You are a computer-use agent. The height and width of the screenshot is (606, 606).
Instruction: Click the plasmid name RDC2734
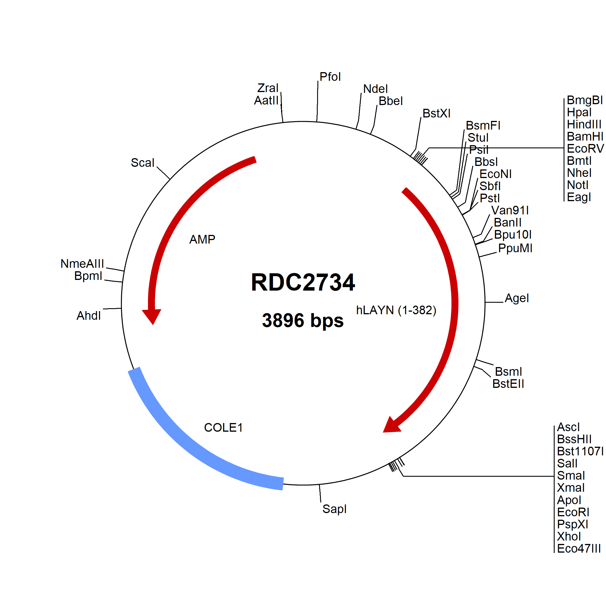[303, 282]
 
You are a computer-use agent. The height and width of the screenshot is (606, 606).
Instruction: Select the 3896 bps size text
[303, 320]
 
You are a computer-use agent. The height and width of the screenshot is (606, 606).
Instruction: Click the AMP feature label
[202, 240]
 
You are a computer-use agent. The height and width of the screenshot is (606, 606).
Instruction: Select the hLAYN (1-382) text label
[396, 310]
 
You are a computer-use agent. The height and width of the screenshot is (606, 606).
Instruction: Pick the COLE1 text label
[223, 428]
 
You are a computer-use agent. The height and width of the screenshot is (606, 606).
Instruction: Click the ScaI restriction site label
[143, 163]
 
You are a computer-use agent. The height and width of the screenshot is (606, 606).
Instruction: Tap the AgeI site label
[517, 298]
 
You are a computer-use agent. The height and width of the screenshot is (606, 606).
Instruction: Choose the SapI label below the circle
[334, 509]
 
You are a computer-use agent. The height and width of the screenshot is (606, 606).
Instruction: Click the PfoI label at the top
[330, 77]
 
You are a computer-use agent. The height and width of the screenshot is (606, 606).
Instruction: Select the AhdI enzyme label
[89, 315]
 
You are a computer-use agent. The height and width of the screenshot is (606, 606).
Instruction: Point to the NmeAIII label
[82, 264]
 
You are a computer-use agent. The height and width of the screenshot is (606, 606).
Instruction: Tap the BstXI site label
[436, 113]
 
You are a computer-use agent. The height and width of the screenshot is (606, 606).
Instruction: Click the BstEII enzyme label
[508, 384]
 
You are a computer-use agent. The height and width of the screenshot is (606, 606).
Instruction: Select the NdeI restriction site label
[375, 89]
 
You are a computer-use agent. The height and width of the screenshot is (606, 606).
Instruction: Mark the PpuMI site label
[515, 248]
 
